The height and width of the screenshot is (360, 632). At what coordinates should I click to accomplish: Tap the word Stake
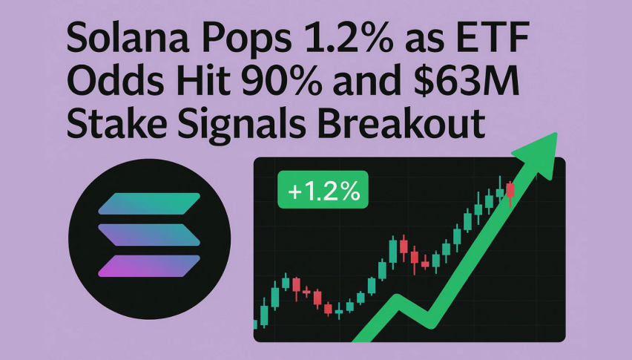coord(116,122)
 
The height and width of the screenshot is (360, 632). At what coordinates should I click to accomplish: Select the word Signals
coord(241,125)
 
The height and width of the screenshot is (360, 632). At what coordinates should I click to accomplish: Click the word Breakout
coord(401,122)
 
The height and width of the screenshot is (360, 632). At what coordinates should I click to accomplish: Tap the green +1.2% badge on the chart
coord(323,189)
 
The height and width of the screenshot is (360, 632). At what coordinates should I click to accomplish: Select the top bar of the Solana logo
coord(149,203)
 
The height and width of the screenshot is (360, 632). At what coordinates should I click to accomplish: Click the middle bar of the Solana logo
coord(149,235)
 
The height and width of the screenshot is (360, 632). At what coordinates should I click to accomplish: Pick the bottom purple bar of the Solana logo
coord(149,266)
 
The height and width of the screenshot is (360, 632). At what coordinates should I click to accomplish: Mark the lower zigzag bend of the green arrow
coord(430,321)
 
